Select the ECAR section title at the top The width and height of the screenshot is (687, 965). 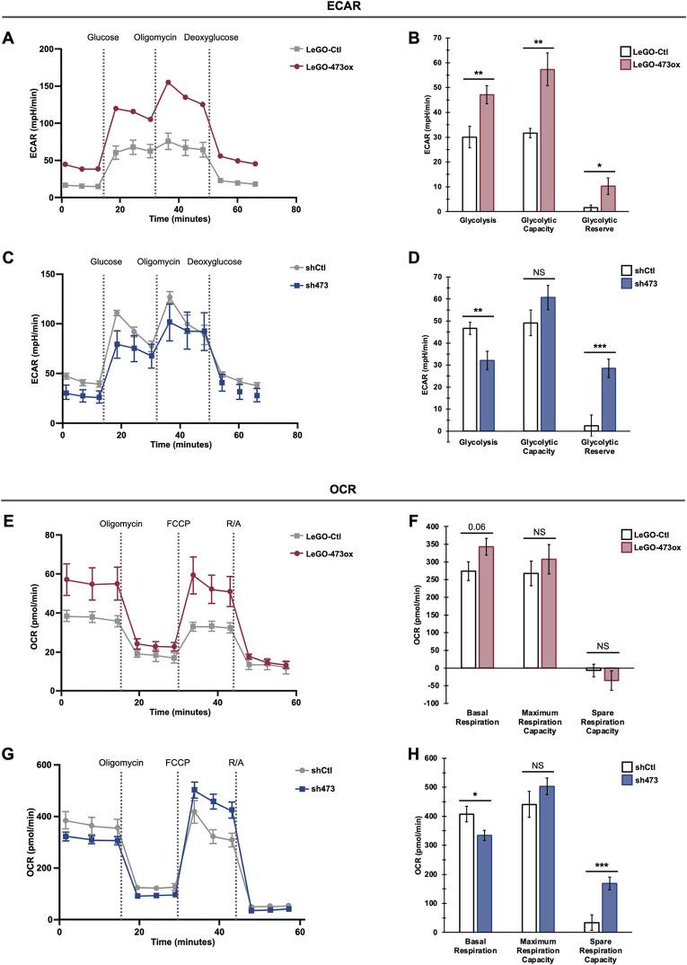[343, 7]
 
